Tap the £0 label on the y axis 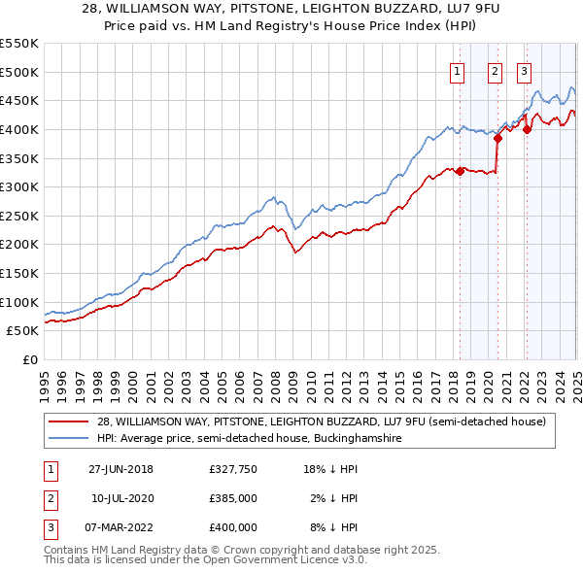coord(29,359)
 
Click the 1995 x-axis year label coord(45,379)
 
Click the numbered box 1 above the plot coord(457,70)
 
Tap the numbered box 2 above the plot coord(494,70)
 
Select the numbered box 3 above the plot coord(524,70)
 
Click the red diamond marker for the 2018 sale coord(460,171)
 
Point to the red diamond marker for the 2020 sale coord(497,138)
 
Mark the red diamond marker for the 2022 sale coord(526,129)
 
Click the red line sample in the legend coord(70,421)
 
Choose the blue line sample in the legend coord(70,439)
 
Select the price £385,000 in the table coord(232,498)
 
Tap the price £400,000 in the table coord(232,527)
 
